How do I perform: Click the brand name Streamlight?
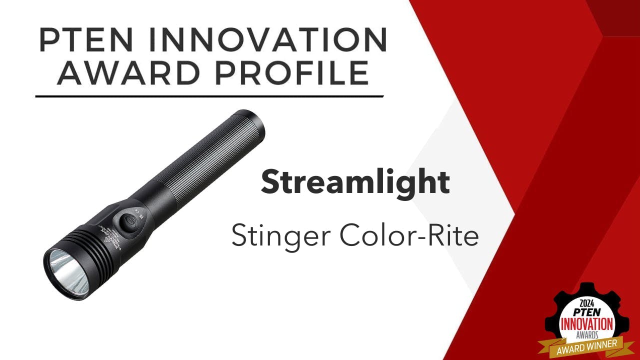tap(355, 182)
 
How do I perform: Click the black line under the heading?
tap(210, 95)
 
